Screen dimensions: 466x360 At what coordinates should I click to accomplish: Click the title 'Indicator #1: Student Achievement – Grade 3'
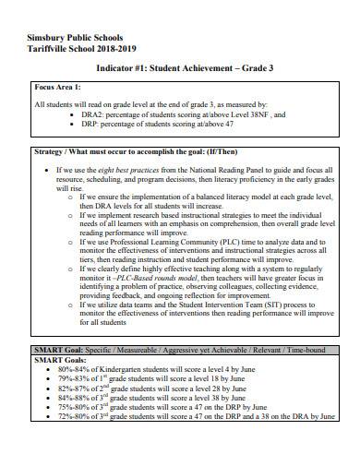click(181, 69)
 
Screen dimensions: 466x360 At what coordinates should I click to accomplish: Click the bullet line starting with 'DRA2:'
click(162, 115)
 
